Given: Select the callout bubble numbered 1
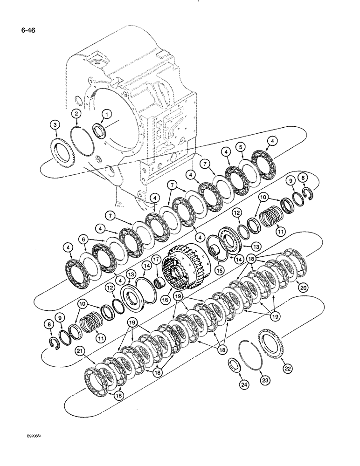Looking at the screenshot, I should [x=106, y=113].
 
